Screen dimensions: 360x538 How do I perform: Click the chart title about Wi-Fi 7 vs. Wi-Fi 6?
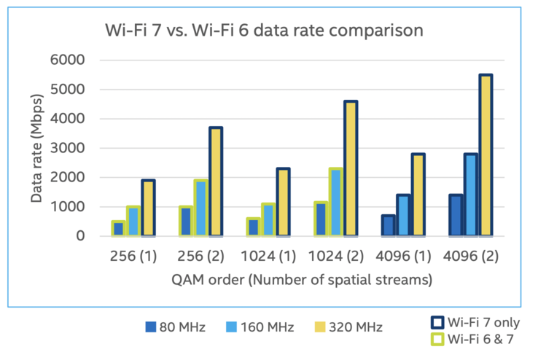pyautogui.click(x=262, y=31)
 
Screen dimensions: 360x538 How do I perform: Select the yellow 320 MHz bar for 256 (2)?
pyautogui.click(x=216, y=181)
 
